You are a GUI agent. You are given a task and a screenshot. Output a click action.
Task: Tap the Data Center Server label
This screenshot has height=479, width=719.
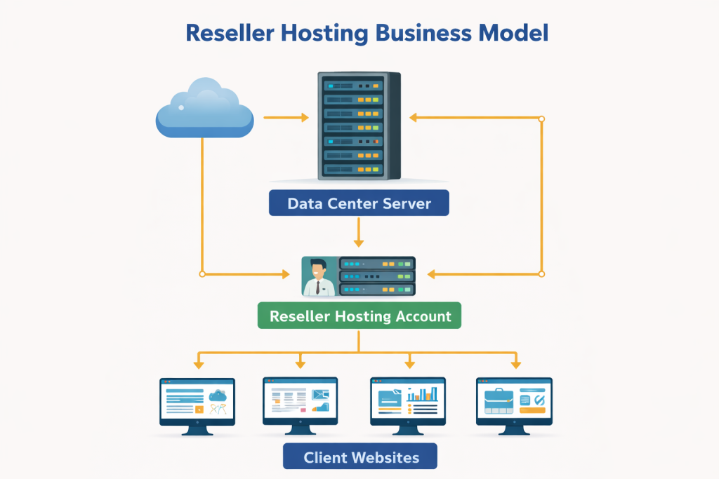click(x=359, y=204)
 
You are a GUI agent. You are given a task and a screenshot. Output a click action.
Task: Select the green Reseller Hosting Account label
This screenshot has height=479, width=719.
click(x=359, y=316)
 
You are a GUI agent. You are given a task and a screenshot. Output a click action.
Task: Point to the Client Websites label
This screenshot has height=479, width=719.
click(x=360, y=457)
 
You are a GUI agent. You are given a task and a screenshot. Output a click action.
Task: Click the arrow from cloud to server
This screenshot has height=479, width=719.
click(x=286, y=117)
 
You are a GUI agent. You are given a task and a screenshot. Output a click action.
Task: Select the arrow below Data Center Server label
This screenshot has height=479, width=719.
click(x=359, y=232)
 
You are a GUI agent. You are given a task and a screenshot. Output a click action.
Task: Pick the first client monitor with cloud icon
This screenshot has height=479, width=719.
click(x=197, y=403)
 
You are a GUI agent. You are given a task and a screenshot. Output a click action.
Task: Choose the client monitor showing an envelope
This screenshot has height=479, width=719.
click(x=300, y=403)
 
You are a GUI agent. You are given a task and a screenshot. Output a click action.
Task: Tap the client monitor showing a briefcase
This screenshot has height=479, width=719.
click(x=515, y=403)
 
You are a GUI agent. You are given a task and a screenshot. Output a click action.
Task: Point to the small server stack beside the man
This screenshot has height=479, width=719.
click(x=377, y=276)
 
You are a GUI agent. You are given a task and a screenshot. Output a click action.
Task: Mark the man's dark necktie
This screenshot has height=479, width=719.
click(x=318, y=287)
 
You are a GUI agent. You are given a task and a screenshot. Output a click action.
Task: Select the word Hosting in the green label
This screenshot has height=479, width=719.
click(x=357, y=316)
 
